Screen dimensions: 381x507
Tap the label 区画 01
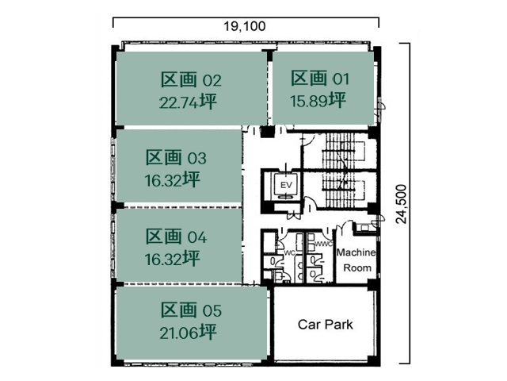point(320,78)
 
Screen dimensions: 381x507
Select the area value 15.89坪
point(319,100)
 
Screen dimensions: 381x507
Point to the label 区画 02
point(191,79)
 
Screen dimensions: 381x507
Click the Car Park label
point(325,325)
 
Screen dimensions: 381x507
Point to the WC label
point(289,253)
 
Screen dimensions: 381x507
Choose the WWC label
point(323,244)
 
